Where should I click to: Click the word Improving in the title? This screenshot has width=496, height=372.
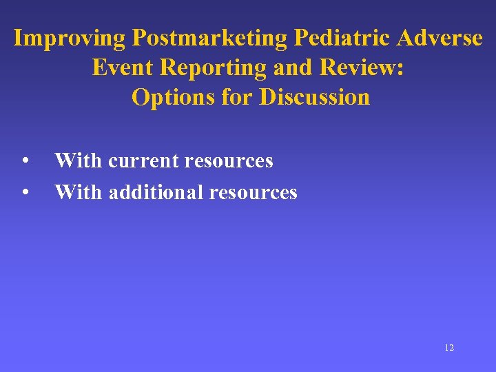(70, 38)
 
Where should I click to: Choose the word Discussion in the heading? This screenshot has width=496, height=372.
(314, 97)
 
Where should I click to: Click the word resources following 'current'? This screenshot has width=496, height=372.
(230, 161)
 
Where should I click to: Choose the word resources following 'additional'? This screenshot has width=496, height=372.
(254, 192)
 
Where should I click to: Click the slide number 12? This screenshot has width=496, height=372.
(449, 348)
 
